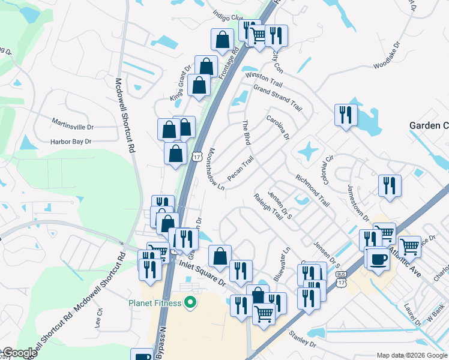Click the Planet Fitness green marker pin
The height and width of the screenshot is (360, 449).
191,303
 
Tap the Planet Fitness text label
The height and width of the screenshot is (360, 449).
155,303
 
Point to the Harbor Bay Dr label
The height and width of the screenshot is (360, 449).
71,142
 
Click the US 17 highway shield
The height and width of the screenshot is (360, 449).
197,157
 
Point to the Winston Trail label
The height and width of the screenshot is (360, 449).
264,78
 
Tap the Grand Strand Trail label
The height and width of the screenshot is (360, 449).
277,97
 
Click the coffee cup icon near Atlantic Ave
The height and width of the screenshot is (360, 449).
378,259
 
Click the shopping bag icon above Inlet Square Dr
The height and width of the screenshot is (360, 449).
220,255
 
